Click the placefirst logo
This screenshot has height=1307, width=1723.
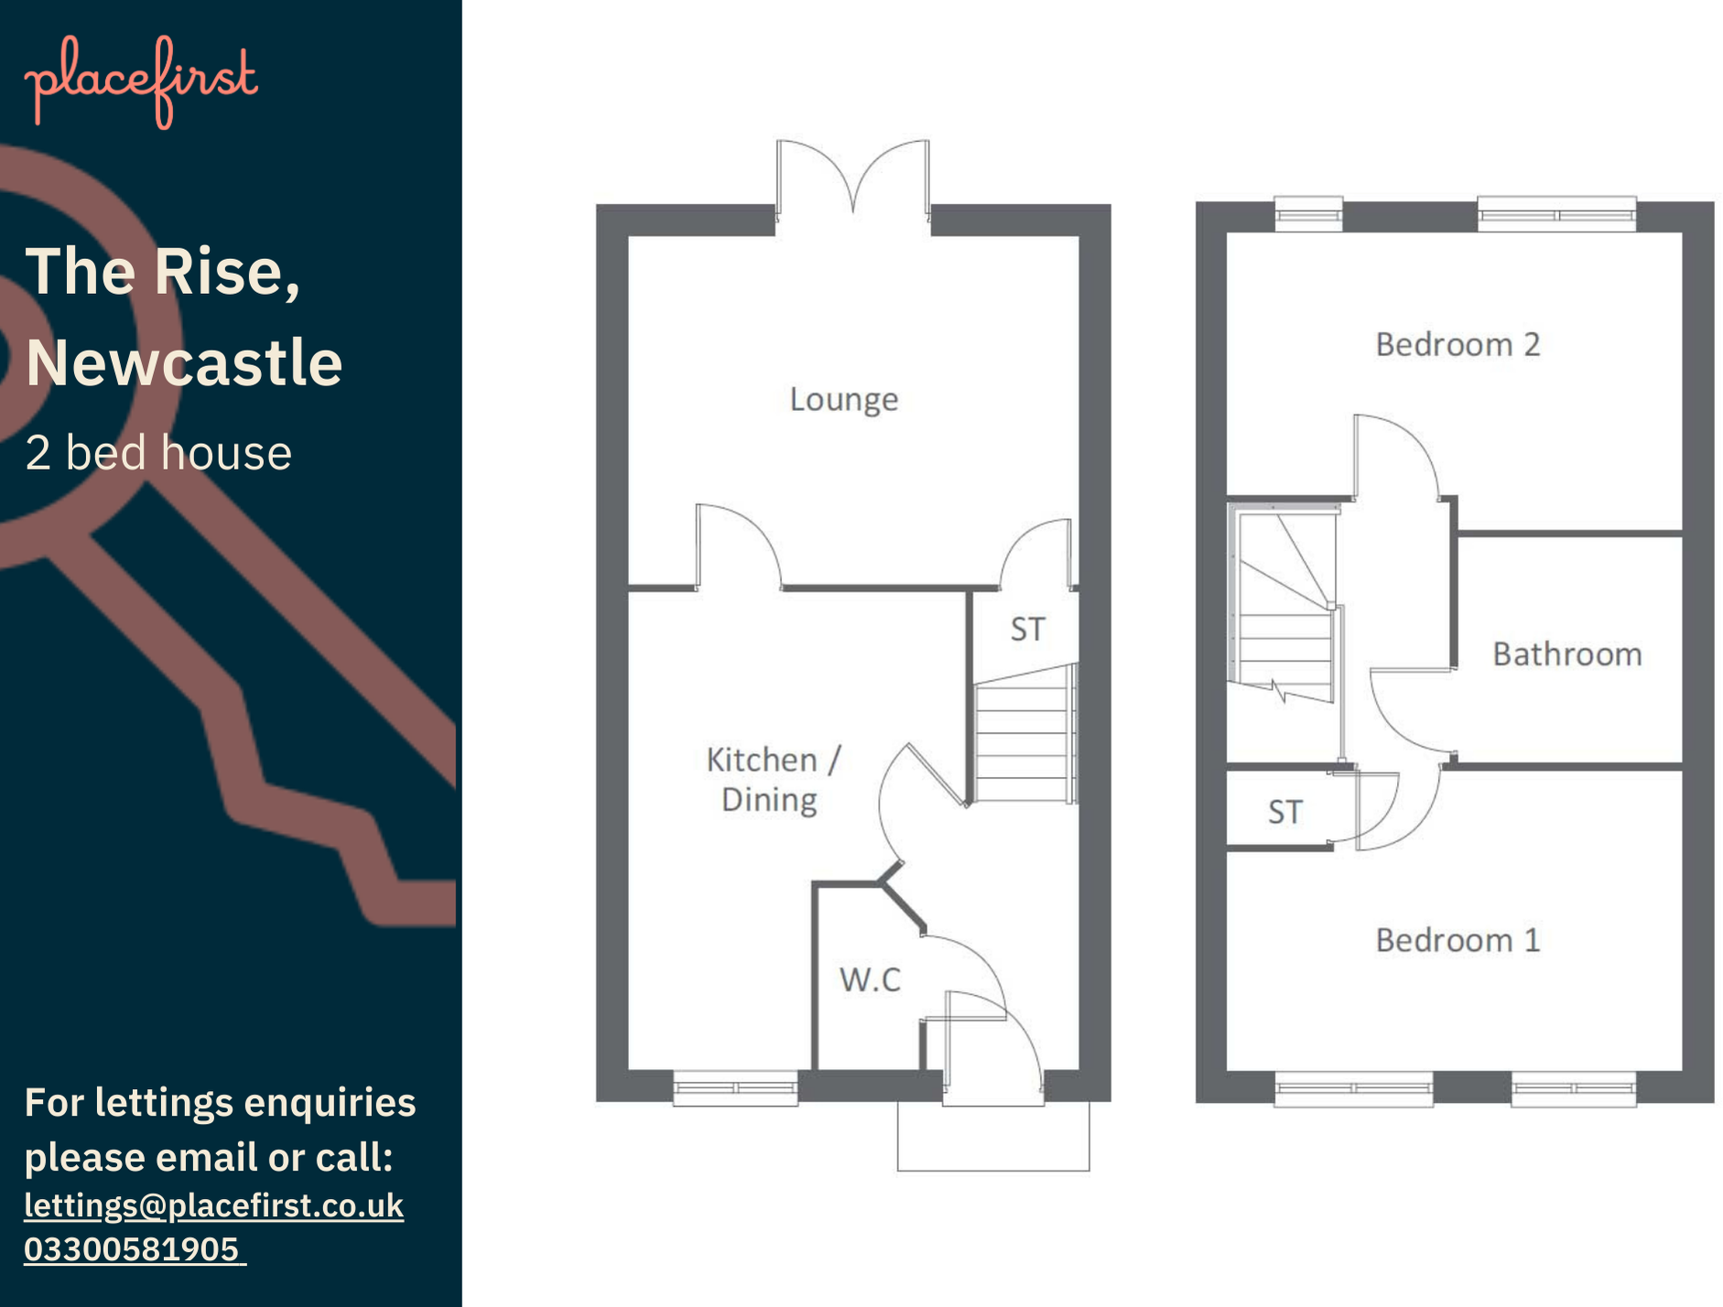pyautogui.click(x=141, y=81)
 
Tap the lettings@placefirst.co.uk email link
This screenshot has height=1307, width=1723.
pyautogui.click(x=213, y=1205)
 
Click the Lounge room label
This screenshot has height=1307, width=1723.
pyautogui.click(x=843, y=400)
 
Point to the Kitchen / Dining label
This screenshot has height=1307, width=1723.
pyautogui.click(x=771, y=780)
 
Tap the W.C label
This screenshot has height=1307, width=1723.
pyautogui.click(x=870, y=979)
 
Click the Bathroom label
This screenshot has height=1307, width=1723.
pyautogui.click(x=1566, y=654)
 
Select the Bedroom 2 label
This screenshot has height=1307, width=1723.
pyautogui.click(x=1458, y=345)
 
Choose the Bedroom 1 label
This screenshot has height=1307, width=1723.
pyautogui.click(x=1458, y=940)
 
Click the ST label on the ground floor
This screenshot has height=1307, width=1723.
pyautogui.click(x=1027, y=630)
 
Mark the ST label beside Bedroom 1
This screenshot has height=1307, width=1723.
pyautogui.click(x=1284, y=812)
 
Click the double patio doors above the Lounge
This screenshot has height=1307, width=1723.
pyautogui.click(x=852, y=183)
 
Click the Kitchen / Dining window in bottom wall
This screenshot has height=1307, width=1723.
pyautogui.click(x=735, y=1087)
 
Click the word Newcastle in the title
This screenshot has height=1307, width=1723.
pyautogui.click(x=184, y=362)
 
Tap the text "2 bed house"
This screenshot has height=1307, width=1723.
pyautogui.click(x=158, y=453)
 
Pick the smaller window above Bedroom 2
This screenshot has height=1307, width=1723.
pyautogui.click(x=1308, y=214)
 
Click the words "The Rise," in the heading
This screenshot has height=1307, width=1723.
pyautogui.click(x=162, y=272)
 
